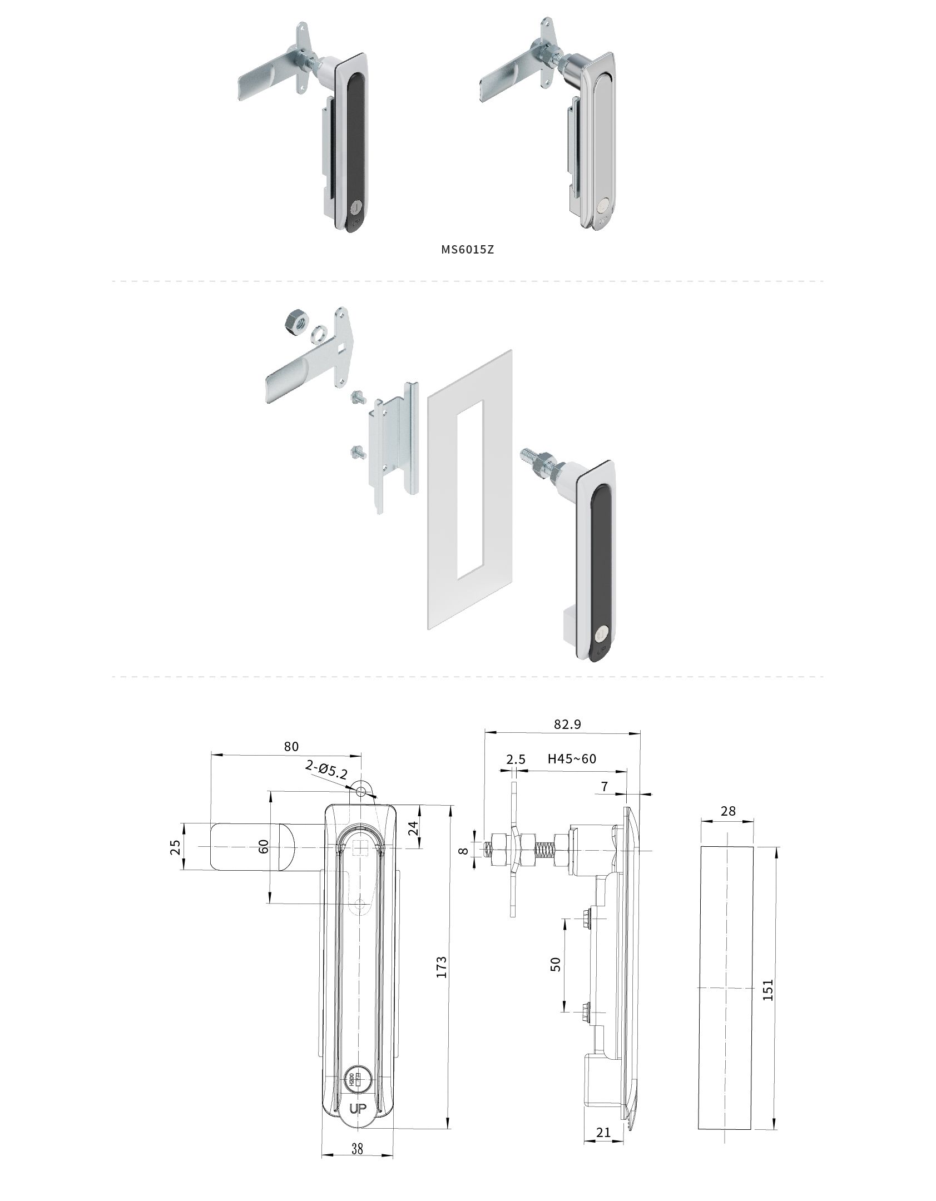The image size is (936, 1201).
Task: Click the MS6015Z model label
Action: [467, 249]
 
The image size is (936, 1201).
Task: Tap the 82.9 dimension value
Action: [567, 724]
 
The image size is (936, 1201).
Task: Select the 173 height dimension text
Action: [441, 967]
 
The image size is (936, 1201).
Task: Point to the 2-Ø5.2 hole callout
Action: [326, 770]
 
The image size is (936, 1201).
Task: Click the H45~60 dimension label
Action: [572, 758]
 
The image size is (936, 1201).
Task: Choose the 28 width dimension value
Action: [728, 811]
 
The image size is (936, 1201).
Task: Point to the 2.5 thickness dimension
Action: [516, 759]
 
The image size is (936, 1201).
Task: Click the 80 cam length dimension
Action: [291, 746]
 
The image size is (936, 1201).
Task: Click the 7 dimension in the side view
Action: [605, 786]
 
